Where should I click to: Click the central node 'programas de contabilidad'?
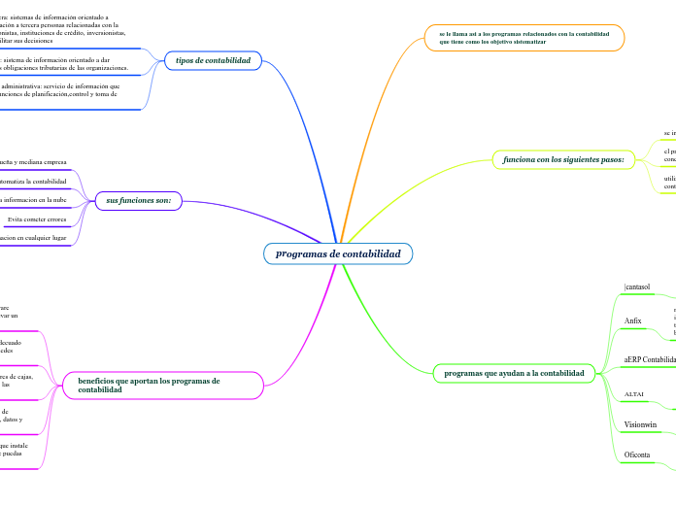coord(338,253)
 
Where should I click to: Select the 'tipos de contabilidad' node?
coord(213,60)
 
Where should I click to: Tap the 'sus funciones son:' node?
coord(139,200)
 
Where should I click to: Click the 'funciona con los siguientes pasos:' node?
coord(563,158)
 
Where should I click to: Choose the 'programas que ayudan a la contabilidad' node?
coord(513,373)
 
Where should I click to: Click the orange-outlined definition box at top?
coord(524,38)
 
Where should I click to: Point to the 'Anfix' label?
coord(632,320)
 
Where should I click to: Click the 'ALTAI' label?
coord(634,394)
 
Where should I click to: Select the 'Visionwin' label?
coord(640,424)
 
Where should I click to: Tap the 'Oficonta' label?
coord(637,454)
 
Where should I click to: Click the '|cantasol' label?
coord(637,286)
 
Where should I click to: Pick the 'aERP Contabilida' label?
coord(650,359)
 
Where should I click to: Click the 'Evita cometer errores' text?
coord(37,219)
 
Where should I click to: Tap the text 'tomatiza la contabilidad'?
coord(33,181)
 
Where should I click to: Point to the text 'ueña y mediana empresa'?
coord(33,161)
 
